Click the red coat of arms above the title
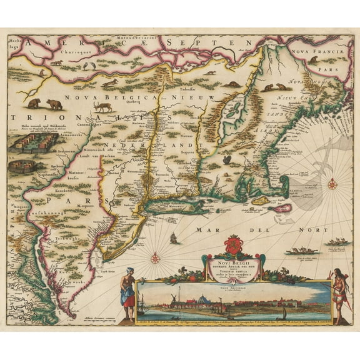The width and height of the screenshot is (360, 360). (x=232, y=244)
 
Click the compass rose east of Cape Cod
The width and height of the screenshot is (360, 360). (x=332, y=184)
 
